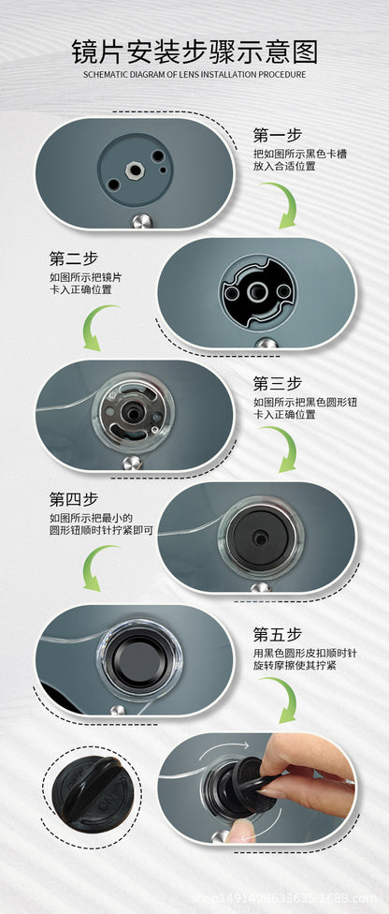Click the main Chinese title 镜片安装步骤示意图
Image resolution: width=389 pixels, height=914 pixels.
(194, 52)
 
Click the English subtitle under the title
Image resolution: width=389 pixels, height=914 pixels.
(194, 75)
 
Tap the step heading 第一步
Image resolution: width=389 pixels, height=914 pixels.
(277, 135)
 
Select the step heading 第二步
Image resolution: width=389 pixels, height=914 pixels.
(73, 258)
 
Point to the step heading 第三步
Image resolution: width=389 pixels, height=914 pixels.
(277, 384)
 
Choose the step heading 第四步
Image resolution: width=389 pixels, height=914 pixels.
(73, 499)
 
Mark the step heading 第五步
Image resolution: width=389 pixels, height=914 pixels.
(277, 634)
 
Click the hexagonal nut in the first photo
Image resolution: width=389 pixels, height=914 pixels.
(135, 170)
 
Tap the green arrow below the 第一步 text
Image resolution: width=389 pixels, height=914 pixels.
(283, 203)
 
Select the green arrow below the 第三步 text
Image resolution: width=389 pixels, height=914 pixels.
(283, 447)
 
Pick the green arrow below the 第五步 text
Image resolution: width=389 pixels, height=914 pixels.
(283, 698)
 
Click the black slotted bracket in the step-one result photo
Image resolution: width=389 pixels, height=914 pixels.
(257, 291)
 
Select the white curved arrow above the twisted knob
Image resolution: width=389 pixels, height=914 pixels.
(223, 749)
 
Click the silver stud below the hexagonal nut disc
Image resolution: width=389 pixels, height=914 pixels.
(139, 222)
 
